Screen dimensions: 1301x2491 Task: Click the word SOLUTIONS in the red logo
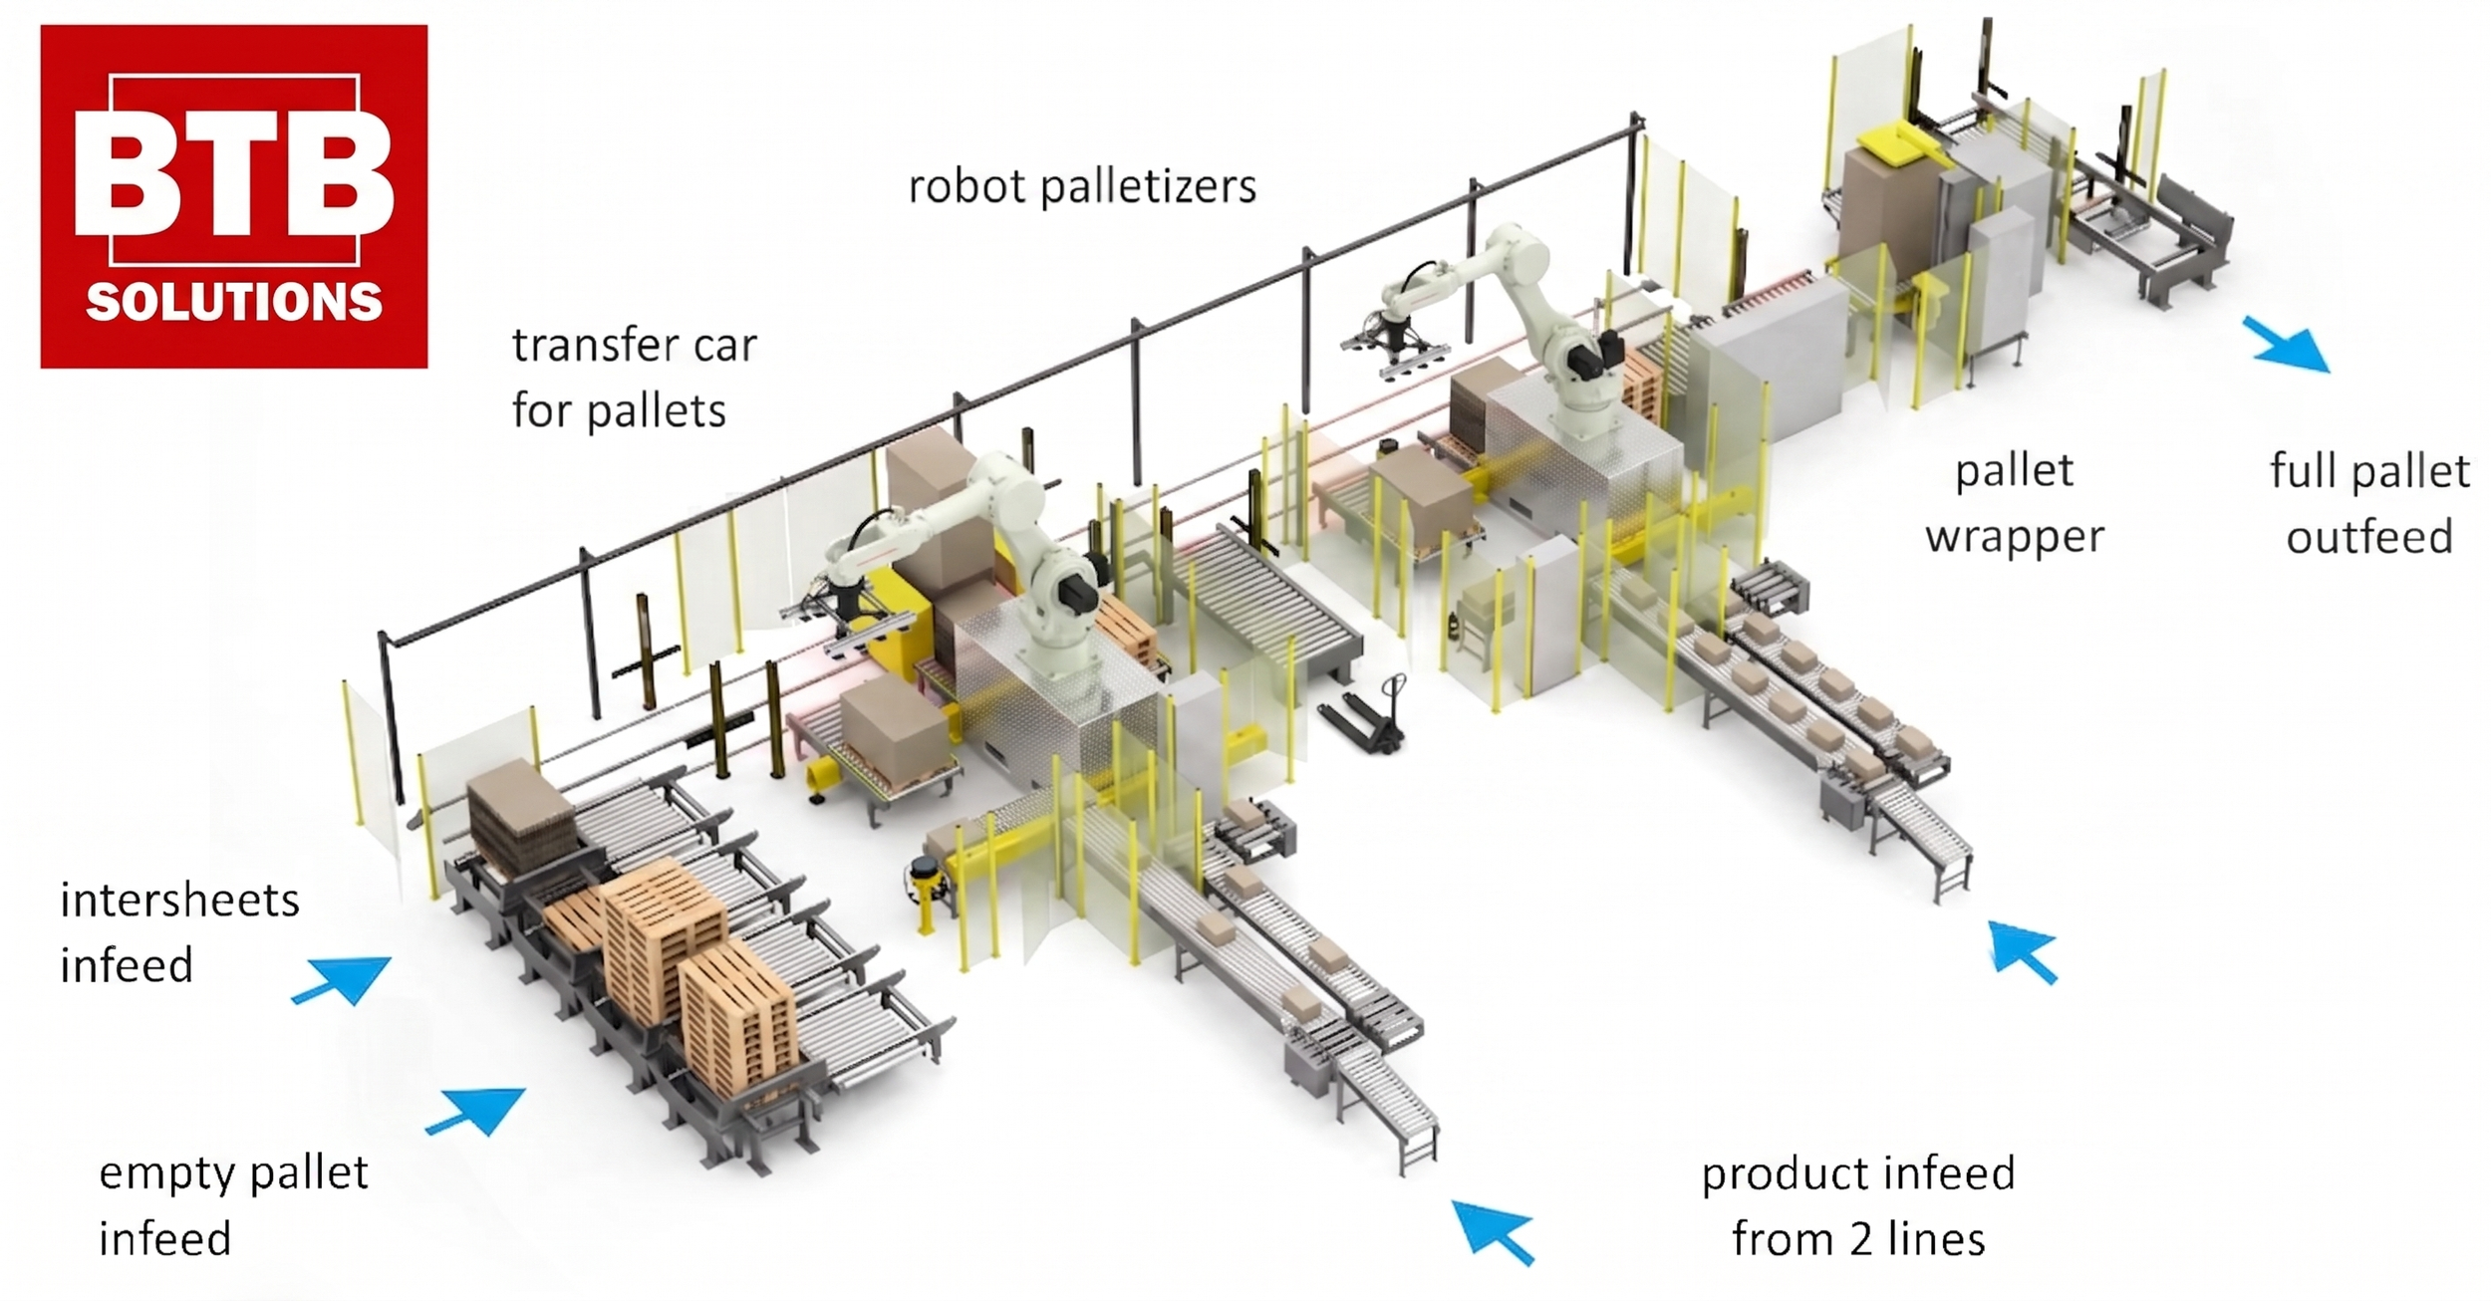click(234, 302)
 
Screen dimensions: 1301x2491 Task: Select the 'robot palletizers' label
click(1082, 186)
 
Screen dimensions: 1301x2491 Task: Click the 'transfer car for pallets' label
click(634, 379)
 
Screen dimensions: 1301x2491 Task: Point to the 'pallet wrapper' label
click(2014, 503)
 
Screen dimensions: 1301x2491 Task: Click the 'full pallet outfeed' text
click(2369, 503)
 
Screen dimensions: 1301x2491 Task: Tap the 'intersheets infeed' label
click(179, 932)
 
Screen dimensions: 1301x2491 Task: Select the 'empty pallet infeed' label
click(233, 1205)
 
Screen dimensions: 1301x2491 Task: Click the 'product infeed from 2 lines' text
click(1857, 1205)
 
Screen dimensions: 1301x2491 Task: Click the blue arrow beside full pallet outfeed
click(2288, 345)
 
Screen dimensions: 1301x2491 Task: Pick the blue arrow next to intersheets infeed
click(344, 978)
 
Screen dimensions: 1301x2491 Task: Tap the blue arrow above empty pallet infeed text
click(479, 1110)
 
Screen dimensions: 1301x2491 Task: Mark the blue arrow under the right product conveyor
click(2023, 951)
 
